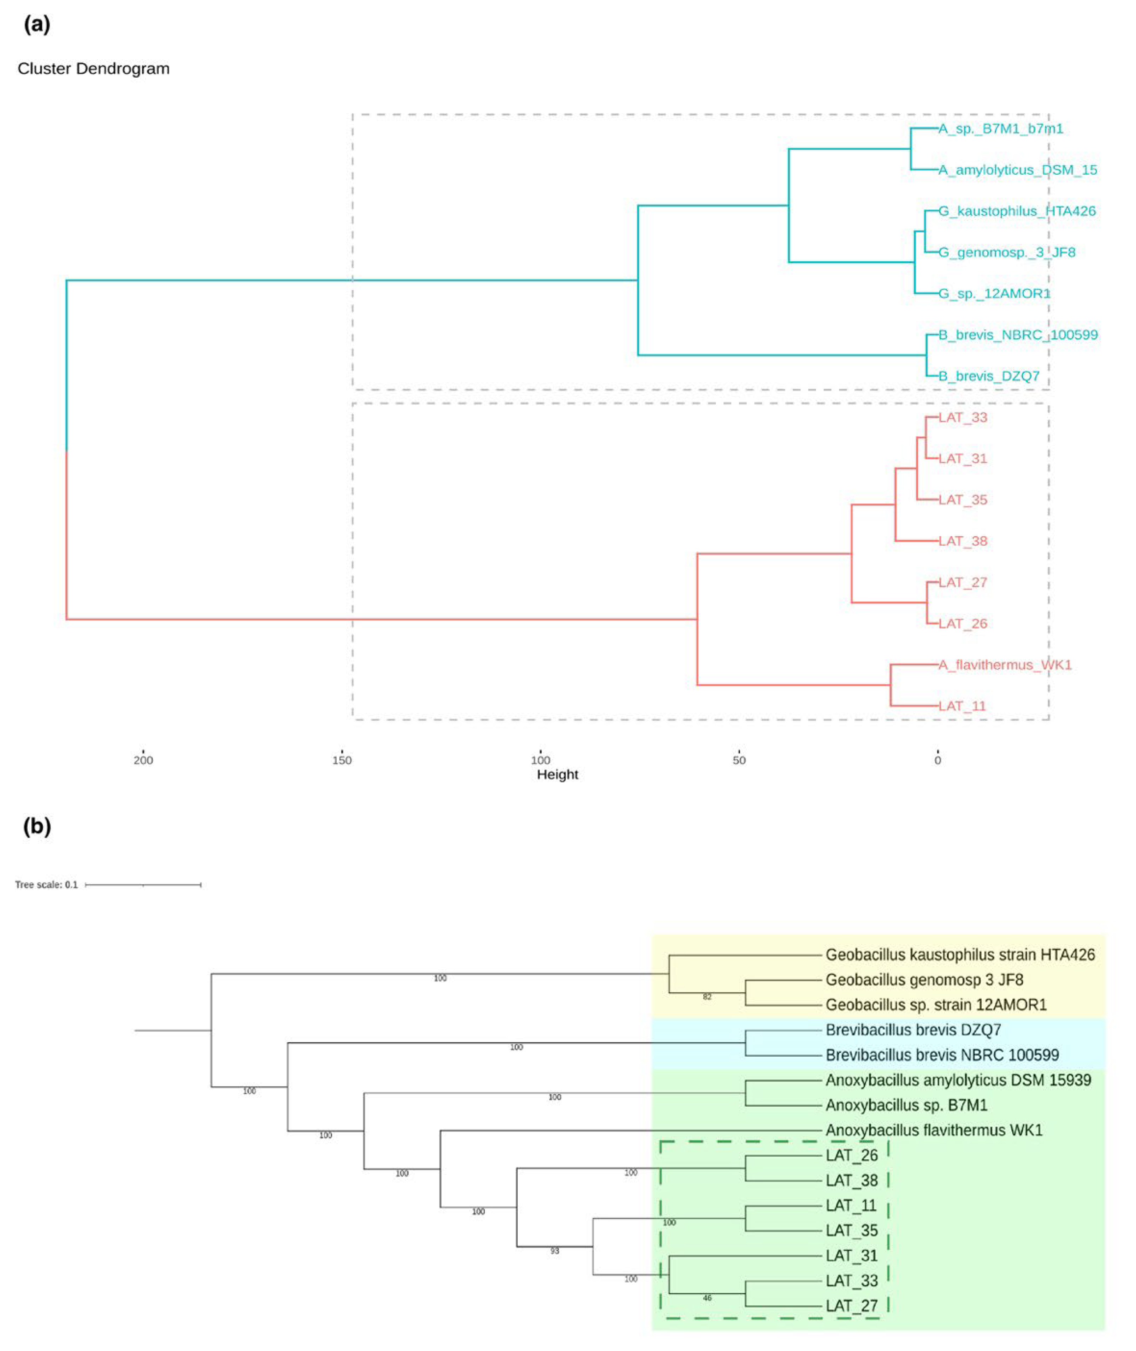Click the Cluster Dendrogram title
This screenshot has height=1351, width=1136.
93,69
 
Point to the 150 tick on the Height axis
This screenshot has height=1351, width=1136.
342,760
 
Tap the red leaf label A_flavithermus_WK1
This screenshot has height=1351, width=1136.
1005,664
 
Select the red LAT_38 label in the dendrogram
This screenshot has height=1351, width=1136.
963,541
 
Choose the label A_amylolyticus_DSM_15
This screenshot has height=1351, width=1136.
1018,170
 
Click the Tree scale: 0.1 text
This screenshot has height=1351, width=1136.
46,885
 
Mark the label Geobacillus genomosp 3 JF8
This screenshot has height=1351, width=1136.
924,980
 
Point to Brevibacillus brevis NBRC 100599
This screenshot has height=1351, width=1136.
942,1055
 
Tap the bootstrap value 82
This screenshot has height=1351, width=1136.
707,997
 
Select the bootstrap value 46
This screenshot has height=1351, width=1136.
707,1298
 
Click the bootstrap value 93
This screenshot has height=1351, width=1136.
555,1251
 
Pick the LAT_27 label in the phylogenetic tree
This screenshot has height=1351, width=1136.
851,1306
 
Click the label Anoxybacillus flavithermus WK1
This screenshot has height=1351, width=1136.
934,1130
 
